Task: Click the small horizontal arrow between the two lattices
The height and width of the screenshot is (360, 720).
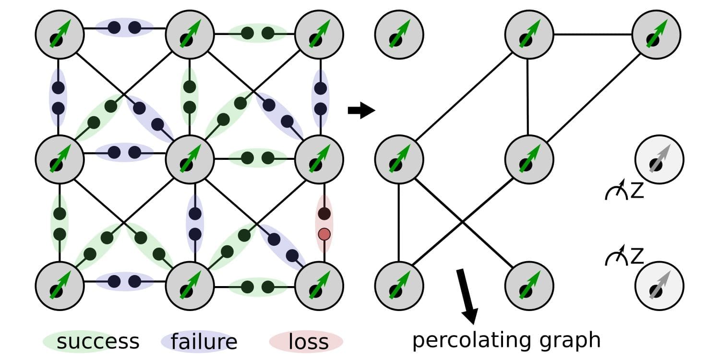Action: (360, 111)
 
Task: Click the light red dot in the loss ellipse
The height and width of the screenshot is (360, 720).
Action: (324, 234)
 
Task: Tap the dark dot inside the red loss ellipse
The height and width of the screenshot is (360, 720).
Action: (324, 213)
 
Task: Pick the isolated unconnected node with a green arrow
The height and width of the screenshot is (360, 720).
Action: (399, 35)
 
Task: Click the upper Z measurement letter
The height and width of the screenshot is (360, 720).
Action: (636, 191)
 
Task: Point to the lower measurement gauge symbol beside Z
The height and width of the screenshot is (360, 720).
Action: (616, 257)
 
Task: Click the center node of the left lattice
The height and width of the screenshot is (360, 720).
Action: (190, 159)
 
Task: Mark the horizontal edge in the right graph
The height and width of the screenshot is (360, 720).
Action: (593, 35)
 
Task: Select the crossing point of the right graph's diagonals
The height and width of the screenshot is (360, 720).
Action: (462, 221)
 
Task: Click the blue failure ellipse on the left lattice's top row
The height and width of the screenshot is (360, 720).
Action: (124, 27)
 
